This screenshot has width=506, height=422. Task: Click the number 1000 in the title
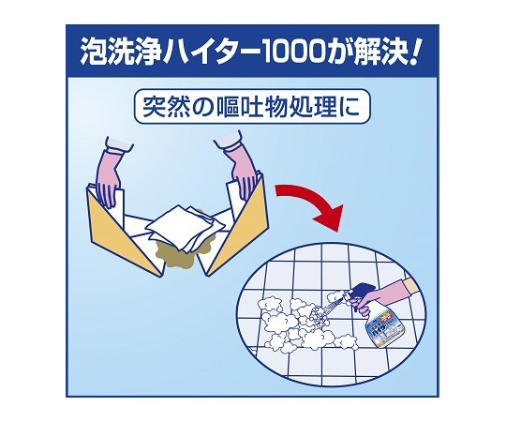point(291,51)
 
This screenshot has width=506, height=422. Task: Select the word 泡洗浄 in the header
point(120,51)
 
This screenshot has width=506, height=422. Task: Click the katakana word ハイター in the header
point(211,51)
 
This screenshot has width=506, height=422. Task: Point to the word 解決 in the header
point(379,51)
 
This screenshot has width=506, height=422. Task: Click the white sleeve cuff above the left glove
point(119,144)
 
